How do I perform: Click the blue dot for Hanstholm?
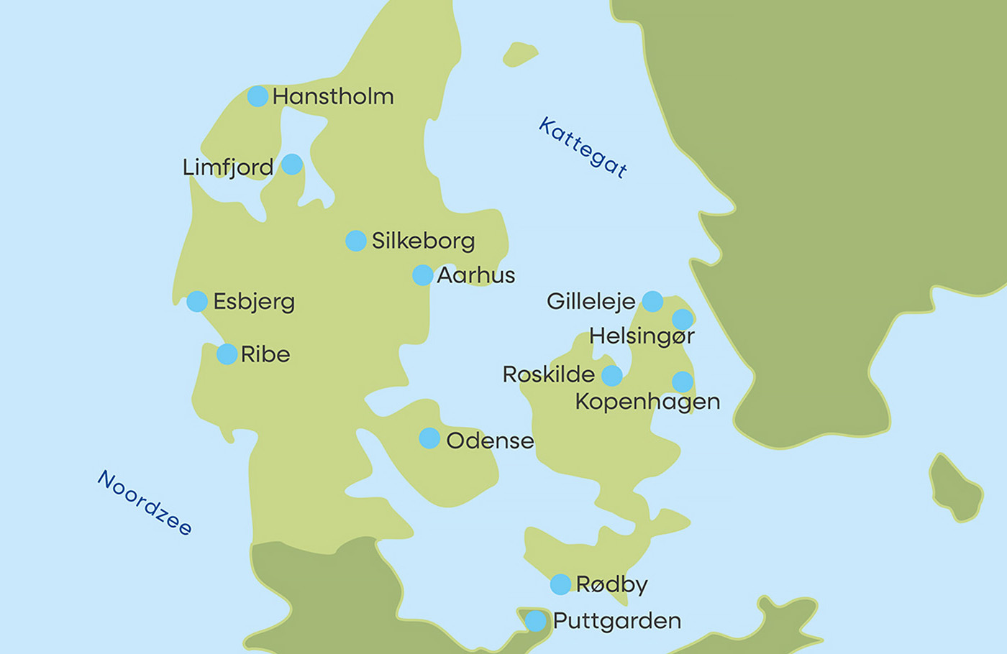(x=258, y=96)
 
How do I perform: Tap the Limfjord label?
(x=227, y=167)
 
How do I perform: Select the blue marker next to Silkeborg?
(x=356, y=241)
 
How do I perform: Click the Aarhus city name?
(x=475, y=275)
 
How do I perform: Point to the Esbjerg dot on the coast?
(x=197, y=301)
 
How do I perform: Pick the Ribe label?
(x=265, y=354)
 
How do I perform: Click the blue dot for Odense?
(x=429, y=438)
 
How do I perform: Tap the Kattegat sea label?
(x=583, y=147)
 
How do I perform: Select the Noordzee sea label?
(x=145, y=502)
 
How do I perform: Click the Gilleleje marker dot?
(x=652, y=301)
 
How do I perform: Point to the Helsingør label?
(x=642, y=336)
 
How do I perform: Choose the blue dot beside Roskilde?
(x=612, y=375)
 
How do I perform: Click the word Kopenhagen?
(x=647, y=401)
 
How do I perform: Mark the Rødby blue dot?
(x=560, y=584)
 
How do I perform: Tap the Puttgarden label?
(x=616, y=621)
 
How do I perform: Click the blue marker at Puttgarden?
(x=535, y=621)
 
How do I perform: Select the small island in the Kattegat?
(x=519, y=54)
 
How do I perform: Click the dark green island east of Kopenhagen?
(x=955, y=487)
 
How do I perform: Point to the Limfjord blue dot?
(x=292, y=164)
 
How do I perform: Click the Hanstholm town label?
(x=332, y=96)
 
